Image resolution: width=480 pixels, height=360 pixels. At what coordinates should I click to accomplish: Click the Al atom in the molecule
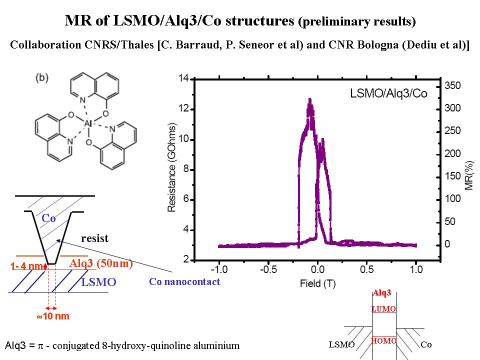88,123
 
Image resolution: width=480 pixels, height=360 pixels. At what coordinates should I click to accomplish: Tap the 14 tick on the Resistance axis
183,78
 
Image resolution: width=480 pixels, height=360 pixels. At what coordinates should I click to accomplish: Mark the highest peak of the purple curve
310,100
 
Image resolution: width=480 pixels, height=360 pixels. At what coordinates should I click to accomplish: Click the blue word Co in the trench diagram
48,218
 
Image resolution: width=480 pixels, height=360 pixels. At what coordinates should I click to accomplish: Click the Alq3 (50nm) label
101,263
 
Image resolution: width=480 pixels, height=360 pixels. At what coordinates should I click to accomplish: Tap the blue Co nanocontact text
184,281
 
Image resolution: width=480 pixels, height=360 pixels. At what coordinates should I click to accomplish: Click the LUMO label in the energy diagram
384,309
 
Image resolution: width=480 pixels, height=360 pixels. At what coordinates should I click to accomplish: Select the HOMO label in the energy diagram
384,340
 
